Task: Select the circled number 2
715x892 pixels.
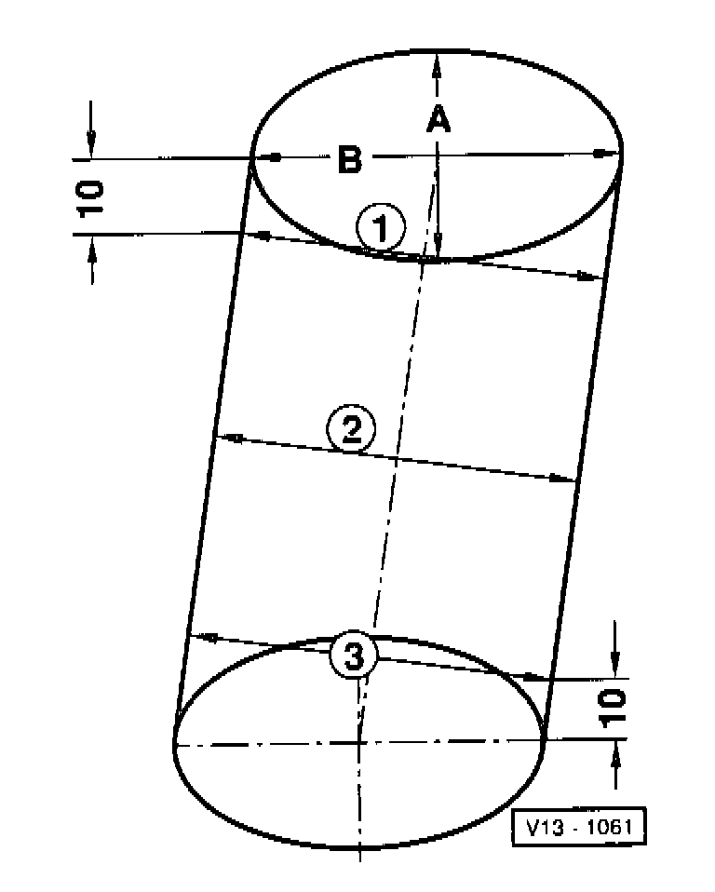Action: click(x=351, y=430)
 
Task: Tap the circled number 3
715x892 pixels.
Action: click(x=353, y=657)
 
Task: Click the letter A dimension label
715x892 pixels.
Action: click(x=438, y=119)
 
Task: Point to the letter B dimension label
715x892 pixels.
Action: click(x=349, y=160)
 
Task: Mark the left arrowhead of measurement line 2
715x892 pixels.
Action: click(x=231, y=437)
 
